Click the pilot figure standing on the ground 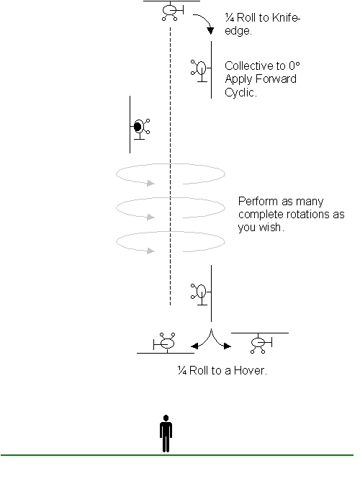click(x=166, y=434)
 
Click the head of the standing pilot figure click(x=166, y=418)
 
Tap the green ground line click(x=177, y=455)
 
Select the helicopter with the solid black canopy click(x=140, y=125)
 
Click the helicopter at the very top click(x=171, y=11)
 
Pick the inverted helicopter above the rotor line click(x=166, y=343)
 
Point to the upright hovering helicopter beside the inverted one click(x=260, y=343)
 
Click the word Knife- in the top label click(x=286, y=18)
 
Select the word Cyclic click(x=240, y=92)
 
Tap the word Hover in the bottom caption click(x=251, y=370)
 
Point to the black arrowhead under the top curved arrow click(x=210, y=30)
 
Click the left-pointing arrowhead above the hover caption click(x=194, y=346)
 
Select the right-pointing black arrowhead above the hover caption click(x=228, y=346)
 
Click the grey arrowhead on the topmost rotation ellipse click(x=151, y=183)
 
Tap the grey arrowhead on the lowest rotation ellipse click(x=151, y=251)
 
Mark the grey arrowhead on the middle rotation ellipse click(x=151, y=217)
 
